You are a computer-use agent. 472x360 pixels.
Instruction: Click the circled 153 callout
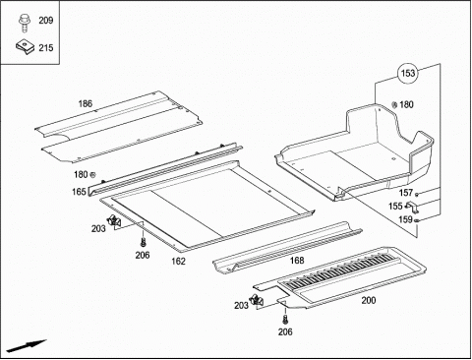[x=408, y=73]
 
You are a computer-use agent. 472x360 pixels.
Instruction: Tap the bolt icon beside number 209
[x=24, y=23]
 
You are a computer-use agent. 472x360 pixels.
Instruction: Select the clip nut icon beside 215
[x=25, y=46]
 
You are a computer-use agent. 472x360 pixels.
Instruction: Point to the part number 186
[x=86, y=104]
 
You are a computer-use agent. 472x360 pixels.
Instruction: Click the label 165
[x=79, y=192]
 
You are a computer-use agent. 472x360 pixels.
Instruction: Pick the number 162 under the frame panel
[x=178, y=261]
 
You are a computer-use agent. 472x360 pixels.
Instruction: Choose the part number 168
[x=297, y=261]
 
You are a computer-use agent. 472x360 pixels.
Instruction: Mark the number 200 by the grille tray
[x=369, y=300]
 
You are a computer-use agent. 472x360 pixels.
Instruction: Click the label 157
[x=406, y=193]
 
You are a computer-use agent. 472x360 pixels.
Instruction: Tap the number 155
[x=395, y=206]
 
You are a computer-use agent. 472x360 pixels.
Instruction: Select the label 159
[x=405, y=219]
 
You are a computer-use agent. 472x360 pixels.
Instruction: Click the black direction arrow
[x=27, y=346]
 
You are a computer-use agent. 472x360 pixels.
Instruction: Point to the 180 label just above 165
[x=81, y=174]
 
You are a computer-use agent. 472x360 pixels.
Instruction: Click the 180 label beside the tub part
[x=406, y=104]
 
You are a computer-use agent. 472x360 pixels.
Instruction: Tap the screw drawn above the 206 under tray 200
[x=285, y=319]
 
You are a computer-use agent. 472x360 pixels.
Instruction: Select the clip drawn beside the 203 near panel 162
[x=113, y=220]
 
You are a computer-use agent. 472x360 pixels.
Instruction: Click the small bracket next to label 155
[x=411, y=206]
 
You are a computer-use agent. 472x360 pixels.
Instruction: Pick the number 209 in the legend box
[x=46, y=21]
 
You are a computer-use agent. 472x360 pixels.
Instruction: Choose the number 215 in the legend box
[x=46, y=48]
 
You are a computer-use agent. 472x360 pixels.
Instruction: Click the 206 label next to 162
[x=143, y=255]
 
